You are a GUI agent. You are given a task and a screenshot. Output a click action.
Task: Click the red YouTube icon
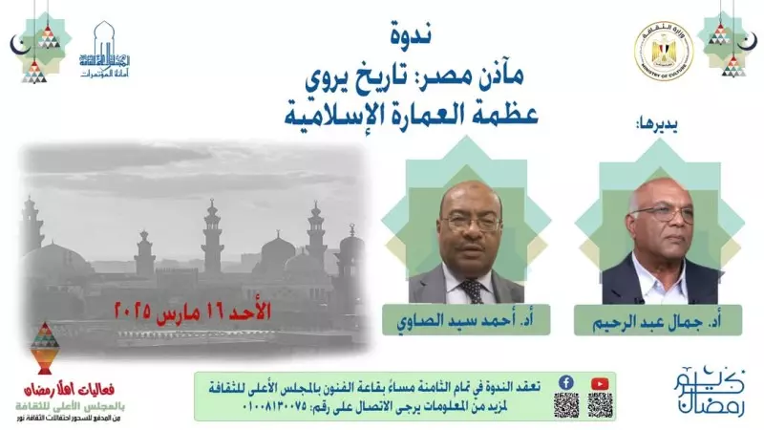coord(599,381)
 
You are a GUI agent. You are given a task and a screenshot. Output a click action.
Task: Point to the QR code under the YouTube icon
coord(599,404)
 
